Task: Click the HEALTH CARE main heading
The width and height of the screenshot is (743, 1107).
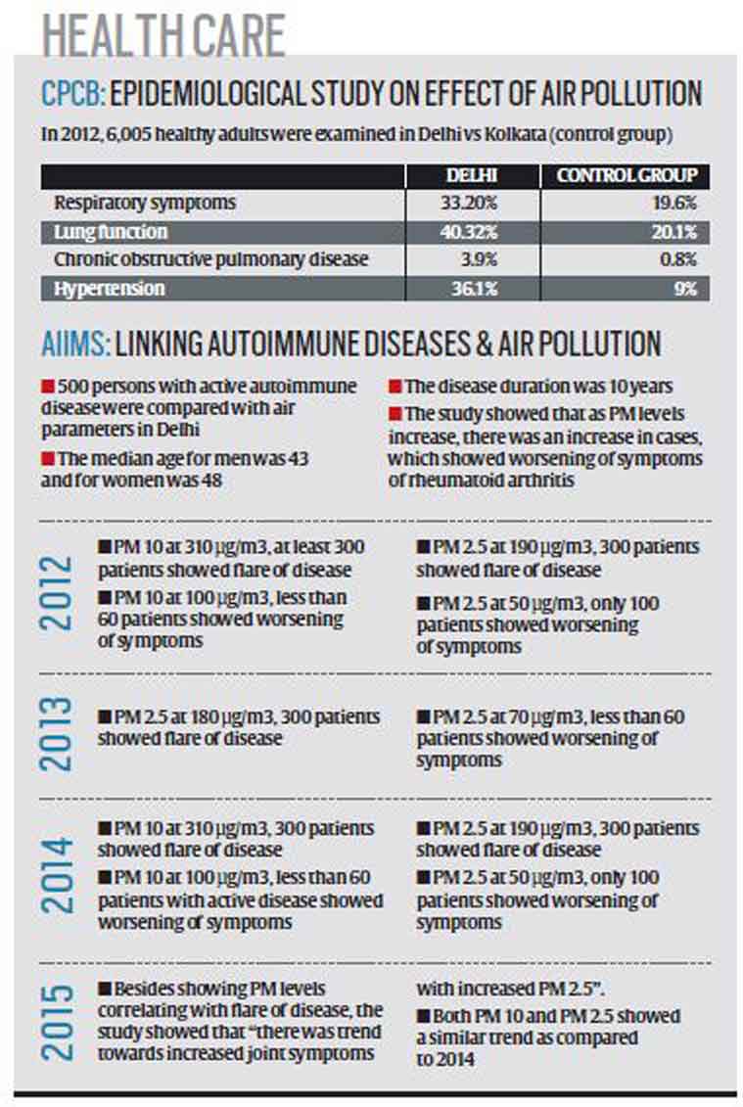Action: [163, 35]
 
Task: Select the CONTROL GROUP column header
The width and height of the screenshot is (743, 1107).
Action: [627, 176]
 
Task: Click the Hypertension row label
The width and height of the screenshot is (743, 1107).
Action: [111, 289]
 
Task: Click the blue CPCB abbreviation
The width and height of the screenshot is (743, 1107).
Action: [71, 94]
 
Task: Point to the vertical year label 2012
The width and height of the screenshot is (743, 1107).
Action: [60, 591]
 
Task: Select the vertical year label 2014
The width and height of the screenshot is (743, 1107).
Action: [60, 873]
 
